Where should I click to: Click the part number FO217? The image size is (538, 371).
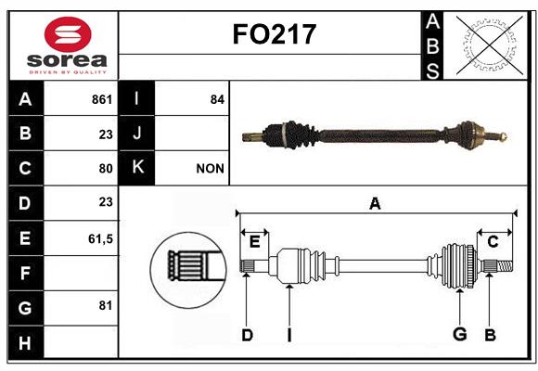point(275,34)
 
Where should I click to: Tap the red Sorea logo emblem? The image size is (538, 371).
point(68,34)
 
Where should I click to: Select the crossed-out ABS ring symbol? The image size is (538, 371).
point(490,45)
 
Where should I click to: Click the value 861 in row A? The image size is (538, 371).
point(102,99)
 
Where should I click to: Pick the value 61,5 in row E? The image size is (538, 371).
point(100,238)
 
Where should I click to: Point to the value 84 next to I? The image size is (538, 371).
point(217,99)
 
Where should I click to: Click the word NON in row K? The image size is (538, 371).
point(210,169)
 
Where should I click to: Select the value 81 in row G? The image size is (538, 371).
point(106,305)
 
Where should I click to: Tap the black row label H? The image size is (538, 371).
point(26,343)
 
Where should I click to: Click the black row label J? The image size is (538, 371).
point(136,134)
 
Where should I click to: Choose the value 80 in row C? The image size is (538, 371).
point(106,169)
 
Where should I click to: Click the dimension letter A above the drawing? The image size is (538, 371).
point(375,203)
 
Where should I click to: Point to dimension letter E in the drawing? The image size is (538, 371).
point(254,242)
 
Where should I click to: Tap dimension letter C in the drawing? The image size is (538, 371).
point(493,242)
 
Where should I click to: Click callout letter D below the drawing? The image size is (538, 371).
point(247,335)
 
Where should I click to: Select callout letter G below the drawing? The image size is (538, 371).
point(460,334)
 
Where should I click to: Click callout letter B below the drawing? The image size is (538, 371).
point(490,335)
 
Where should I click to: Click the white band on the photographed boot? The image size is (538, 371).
point(284,134)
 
